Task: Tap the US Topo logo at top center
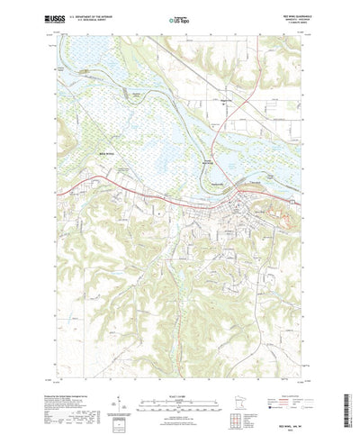pyautogui.click(x=180, y=16)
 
